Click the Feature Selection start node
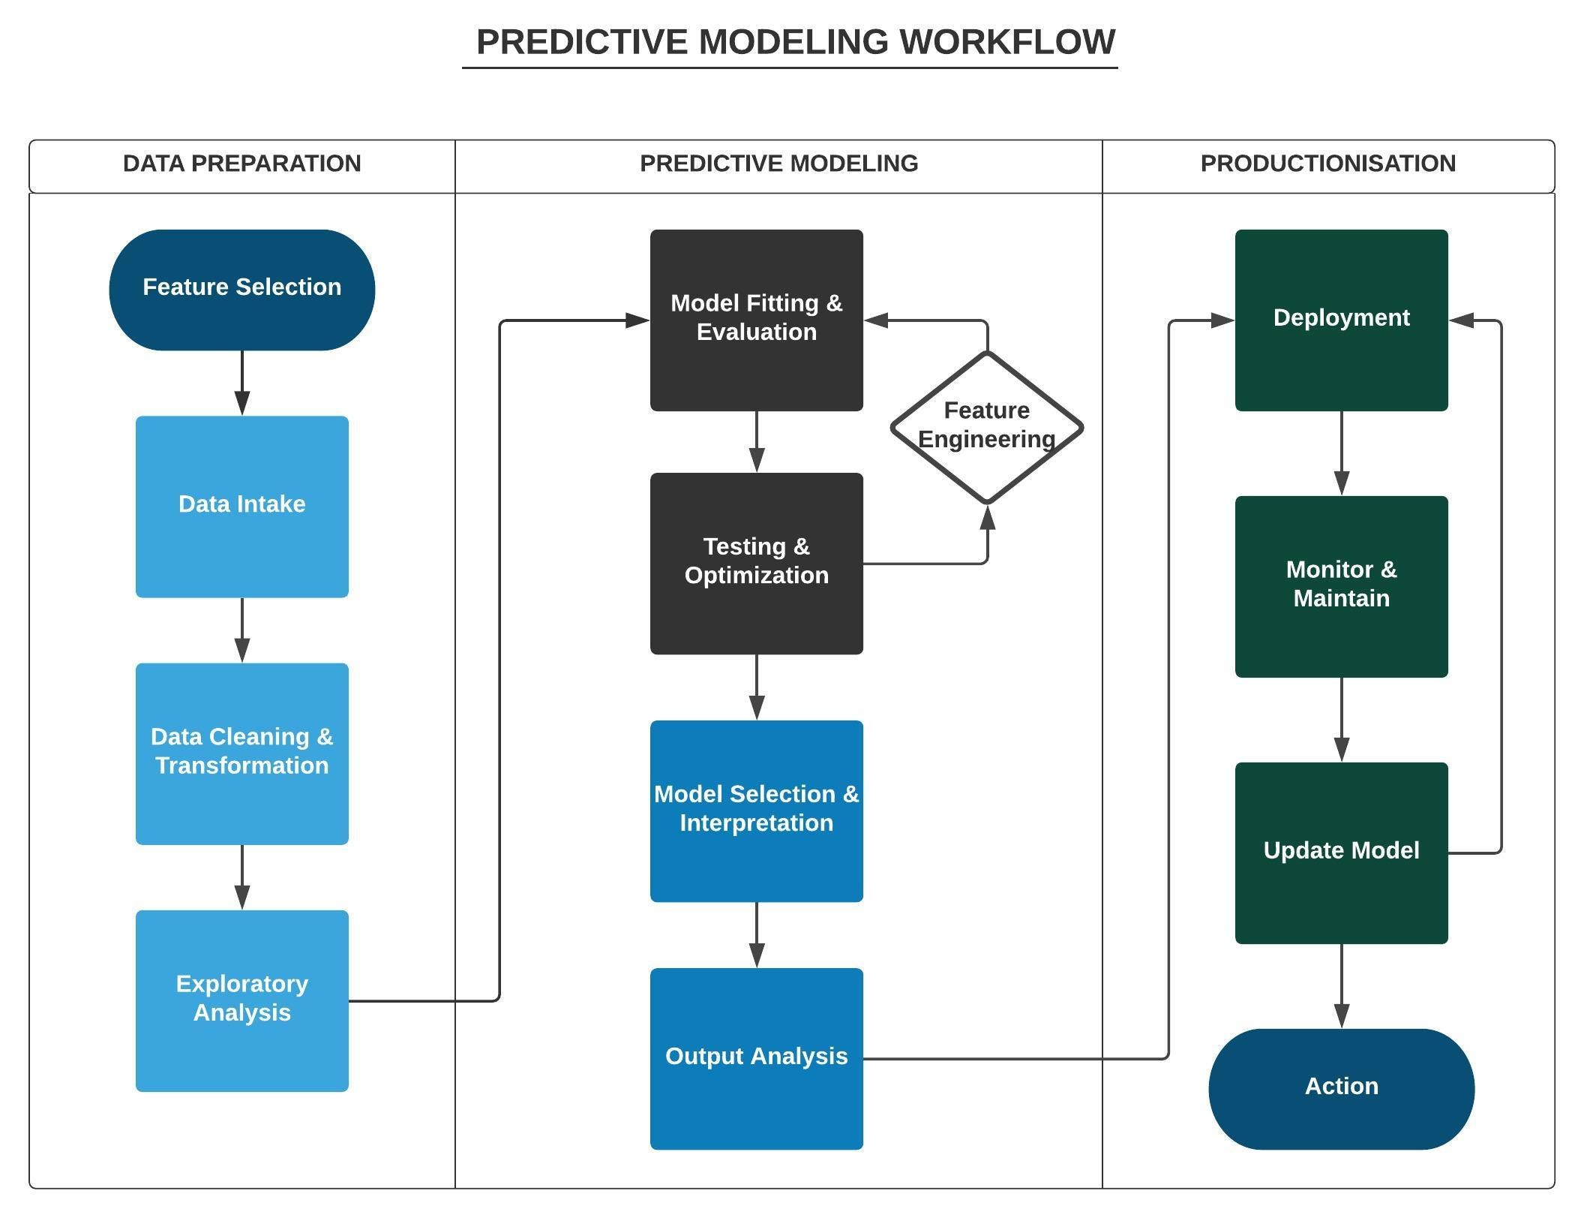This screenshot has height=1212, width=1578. [x=241, y=290]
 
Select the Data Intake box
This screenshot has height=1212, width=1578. [x=241, y=507]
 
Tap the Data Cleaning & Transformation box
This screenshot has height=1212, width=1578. [x=241, y=753]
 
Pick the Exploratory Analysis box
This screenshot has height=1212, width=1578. [x=241, y=1000]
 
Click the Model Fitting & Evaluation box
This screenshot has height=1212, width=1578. [x=756, y=320]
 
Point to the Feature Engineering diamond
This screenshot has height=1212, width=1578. [x=986, y=426]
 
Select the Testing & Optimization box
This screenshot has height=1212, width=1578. [x=756, y=563]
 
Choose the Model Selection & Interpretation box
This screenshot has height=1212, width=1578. [x=756, y=811]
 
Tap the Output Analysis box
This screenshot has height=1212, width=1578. [x=756, y=1058]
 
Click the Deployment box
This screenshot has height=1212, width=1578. [x=1341, y=320]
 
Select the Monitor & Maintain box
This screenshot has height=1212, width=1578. [x=1341, y=586]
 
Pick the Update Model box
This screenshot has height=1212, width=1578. [x=1341, y=853]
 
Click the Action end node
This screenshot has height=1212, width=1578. [x=1341, y=1088]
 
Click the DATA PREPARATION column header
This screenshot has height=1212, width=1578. [x=241, y=164]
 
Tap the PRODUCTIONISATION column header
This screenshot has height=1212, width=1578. [x=1327, y=164]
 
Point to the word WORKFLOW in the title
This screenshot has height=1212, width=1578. [x=1006, y=42]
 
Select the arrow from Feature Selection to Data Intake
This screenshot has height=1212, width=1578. [x=241, y=383]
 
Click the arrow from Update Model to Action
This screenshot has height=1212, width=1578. [x=1341, y=986]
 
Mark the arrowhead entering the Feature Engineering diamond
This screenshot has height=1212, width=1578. [x=987, y=518]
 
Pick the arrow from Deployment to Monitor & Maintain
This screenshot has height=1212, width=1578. [x=1341, y=453]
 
